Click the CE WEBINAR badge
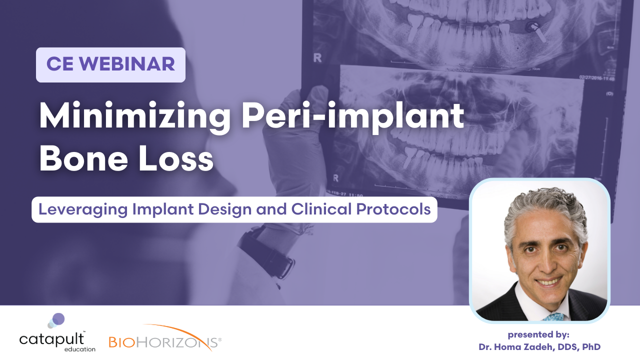110,64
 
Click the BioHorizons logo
165,342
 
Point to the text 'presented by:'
538,334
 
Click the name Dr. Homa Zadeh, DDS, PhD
539,346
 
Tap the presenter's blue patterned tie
553,316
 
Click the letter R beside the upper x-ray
317,57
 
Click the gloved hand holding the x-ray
310,120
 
